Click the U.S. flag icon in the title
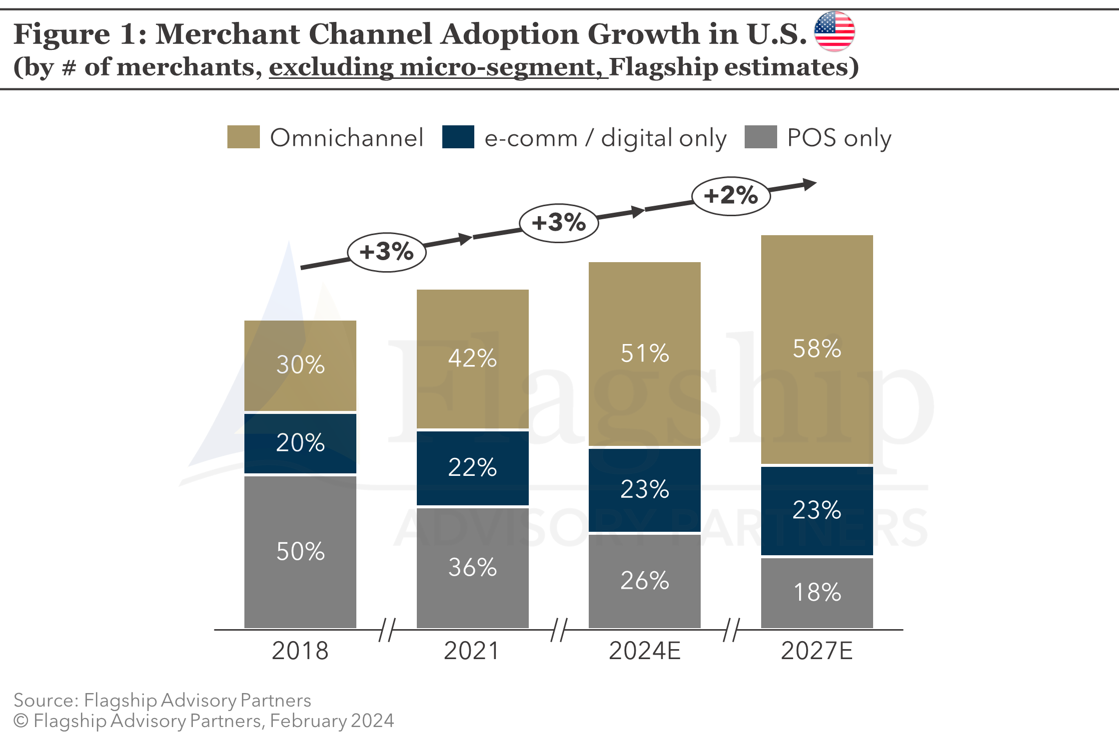(x=834, y=31)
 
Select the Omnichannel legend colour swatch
(x=243, y=137)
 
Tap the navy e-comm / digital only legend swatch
(x=458, y=137)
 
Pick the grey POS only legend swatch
(x=760, y=137)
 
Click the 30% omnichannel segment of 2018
(x=300, y=365)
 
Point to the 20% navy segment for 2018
(x=300, y=443)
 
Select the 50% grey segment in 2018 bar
(x=300, y=552)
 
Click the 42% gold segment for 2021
(x=472, y=359)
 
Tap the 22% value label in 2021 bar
(x=472, y=467)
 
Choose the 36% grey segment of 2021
(x=472, y=568)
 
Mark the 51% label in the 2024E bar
(x=645, y=354)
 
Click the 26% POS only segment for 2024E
(x=645, y=581)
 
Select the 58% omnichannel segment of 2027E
(x=817, y=349)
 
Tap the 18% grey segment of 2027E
(x=817, y=593)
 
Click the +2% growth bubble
(x=731, y=196)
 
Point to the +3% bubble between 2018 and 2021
(x=386, y=252)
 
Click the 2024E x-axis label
(x=645, y=651)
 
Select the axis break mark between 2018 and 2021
(x=387, y=630)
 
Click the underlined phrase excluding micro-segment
(x=438, y=67)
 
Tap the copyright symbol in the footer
(x=21, y=721)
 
